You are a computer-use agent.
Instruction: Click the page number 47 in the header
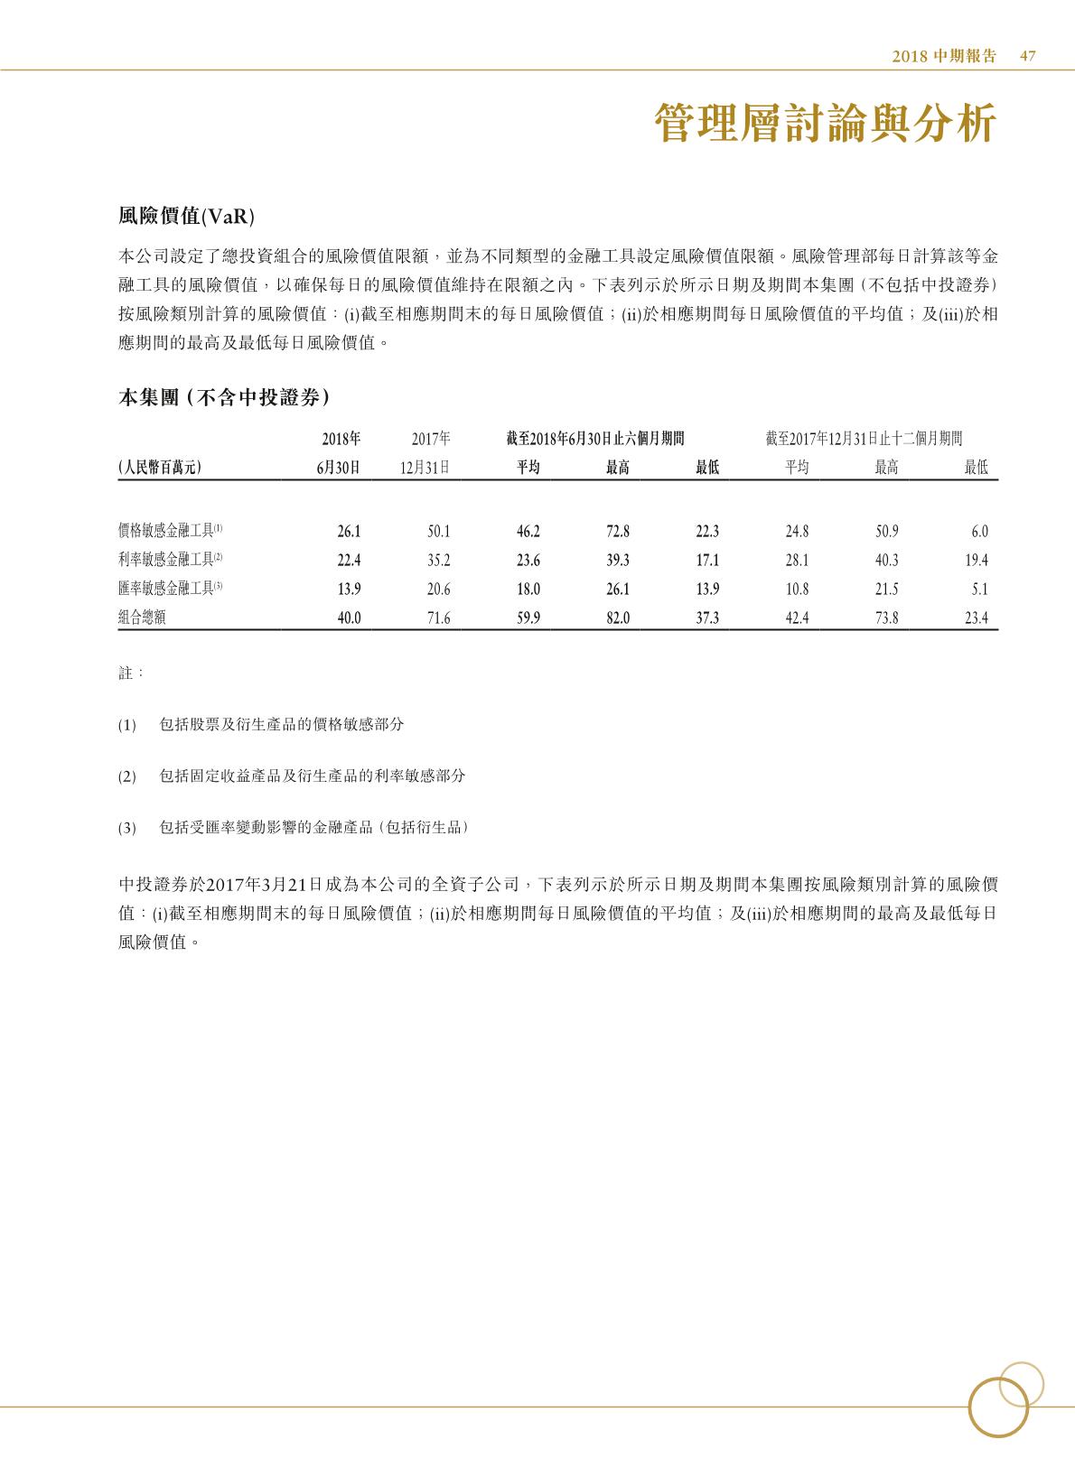[1027, 56]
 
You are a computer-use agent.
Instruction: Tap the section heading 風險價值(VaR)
[186, 216]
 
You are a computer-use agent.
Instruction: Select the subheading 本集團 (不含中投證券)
[223, 398]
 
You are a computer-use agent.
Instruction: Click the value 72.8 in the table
[618, 532]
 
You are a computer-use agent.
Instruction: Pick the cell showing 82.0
[618, 618]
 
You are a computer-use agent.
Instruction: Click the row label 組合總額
[142, 618]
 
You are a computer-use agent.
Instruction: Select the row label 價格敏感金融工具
[166, 532]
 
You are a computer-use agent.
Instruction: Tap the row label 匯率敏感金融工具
[166, 590]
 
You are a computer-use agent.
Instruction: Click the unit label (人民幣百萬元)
[159, 468]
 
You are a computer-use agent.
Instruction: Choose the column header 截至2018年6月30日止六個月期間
[595, 439]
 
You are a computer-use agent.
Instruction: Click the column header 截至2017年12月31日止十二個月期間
[863, 439]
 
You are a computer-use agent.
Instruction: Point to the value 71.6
[438, 618]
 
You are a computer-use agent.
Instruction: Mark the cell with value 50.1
[438, 532]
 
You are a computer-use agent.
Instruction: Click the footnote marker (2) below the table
[126, 776]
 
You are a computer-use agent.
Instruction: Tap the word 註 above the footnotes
[126, 673]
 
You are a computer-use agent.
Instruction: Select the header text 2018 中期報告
[944, 56]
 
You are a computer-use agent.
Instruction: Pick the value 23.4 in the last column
[977, 618]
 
